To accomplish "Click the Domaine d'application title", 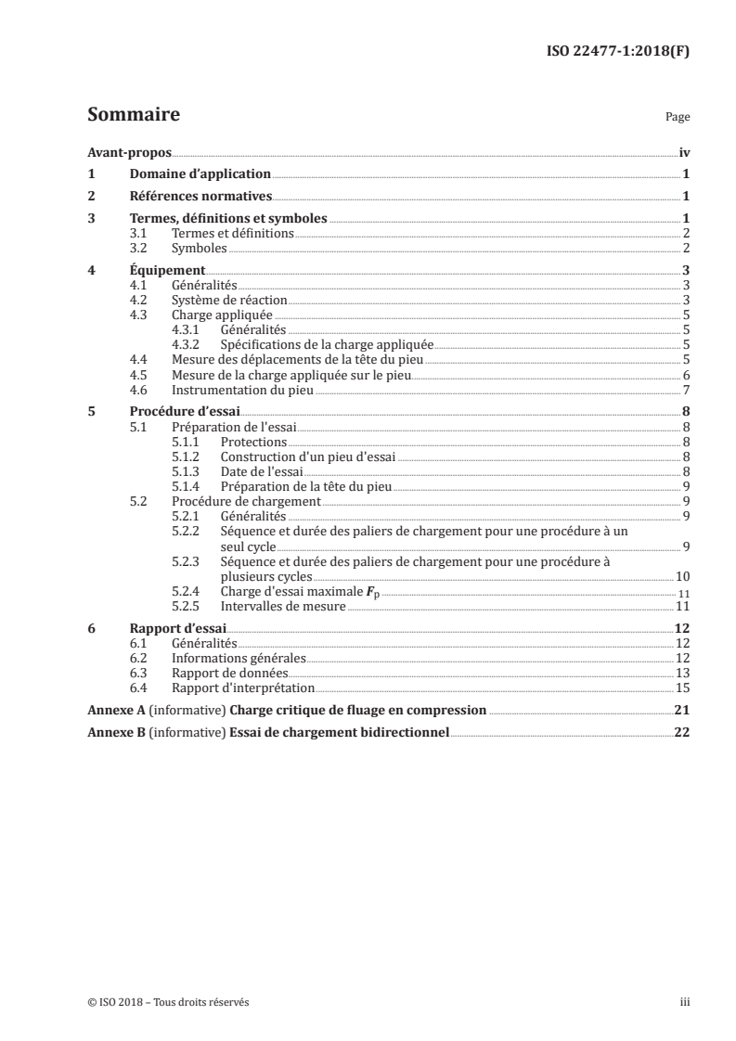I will pos(200,173).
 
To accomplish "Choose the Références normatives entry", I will pos(200,196).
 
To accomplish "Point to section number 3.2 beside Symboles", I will pos(139,249).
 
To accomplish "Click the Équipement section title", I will pos(167,271).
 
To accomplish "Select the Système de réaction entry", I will pos(229,301).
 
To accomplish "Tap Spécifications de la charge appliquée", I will pos(327,345).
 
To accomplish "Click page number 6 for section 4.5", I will pos(685,375).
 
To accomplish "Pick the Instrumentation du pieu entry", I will pos(243,390).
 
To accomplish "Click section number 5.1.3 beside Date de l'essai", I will pos(187,471).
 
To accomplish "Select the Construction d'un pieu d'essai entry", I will pos(307,456).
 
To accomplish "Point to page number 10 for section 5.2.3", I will pos(682,576).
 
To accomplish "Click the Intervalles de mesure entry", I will pos(282,606).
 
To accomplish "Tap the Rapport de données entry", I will pos(230,673).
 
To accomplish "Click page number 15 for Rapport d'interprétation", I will pos(682,688).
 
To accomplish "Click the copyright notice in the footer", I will pos(168,1002).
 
